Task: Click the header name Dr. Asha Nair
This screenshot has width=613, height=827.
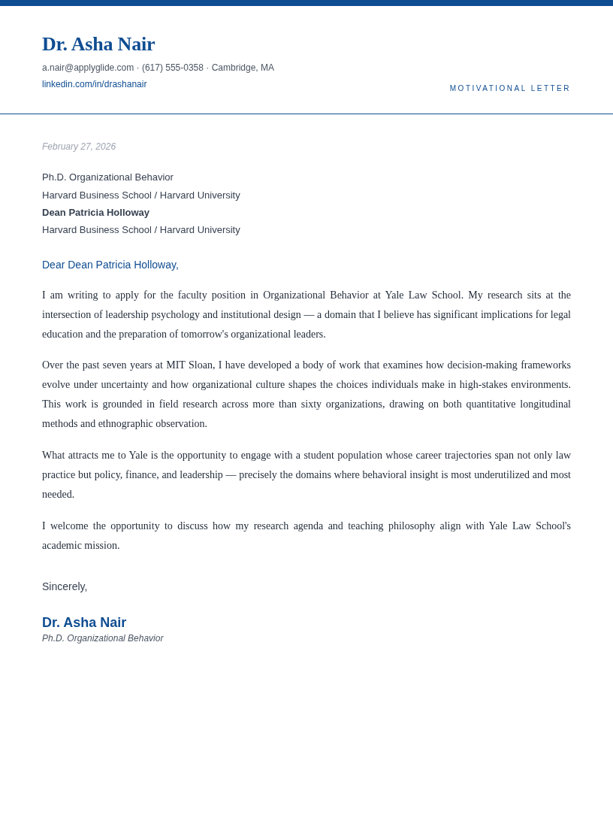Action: click(x=98, y=44)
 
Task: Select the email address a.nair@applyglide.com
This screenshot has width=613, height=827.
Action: click(x=88, y=68)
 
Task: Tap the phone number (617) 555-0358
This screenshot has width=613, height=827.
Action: click(x=173, y=68)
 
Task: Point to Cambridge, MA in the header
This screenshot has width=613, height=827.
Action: click(x=243, y=68)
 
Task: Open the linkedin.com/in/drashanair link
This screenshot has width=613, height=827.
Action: click(x=94, y=84)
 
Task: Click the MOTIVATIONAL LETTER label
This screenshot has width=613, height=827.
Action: click(x=510, y=89)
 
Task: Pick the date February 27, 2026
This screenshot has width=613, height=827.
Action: click(x=79, y=147)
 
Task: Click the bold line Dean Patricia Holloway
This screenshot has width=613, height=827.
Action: click(x=95, y=213)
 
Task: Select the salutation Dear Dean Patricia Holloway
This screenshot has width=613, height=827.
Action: click(x=110, y=265)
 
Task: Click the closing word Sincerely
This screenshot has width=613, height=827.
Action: click(x=65, y=586)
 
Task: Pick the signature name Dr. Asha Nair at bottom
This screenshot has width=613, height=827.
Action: click(x=84, y=623)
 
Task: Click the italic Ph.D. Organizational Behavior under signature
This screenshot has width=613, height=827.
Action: click(x=102, y=638)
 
